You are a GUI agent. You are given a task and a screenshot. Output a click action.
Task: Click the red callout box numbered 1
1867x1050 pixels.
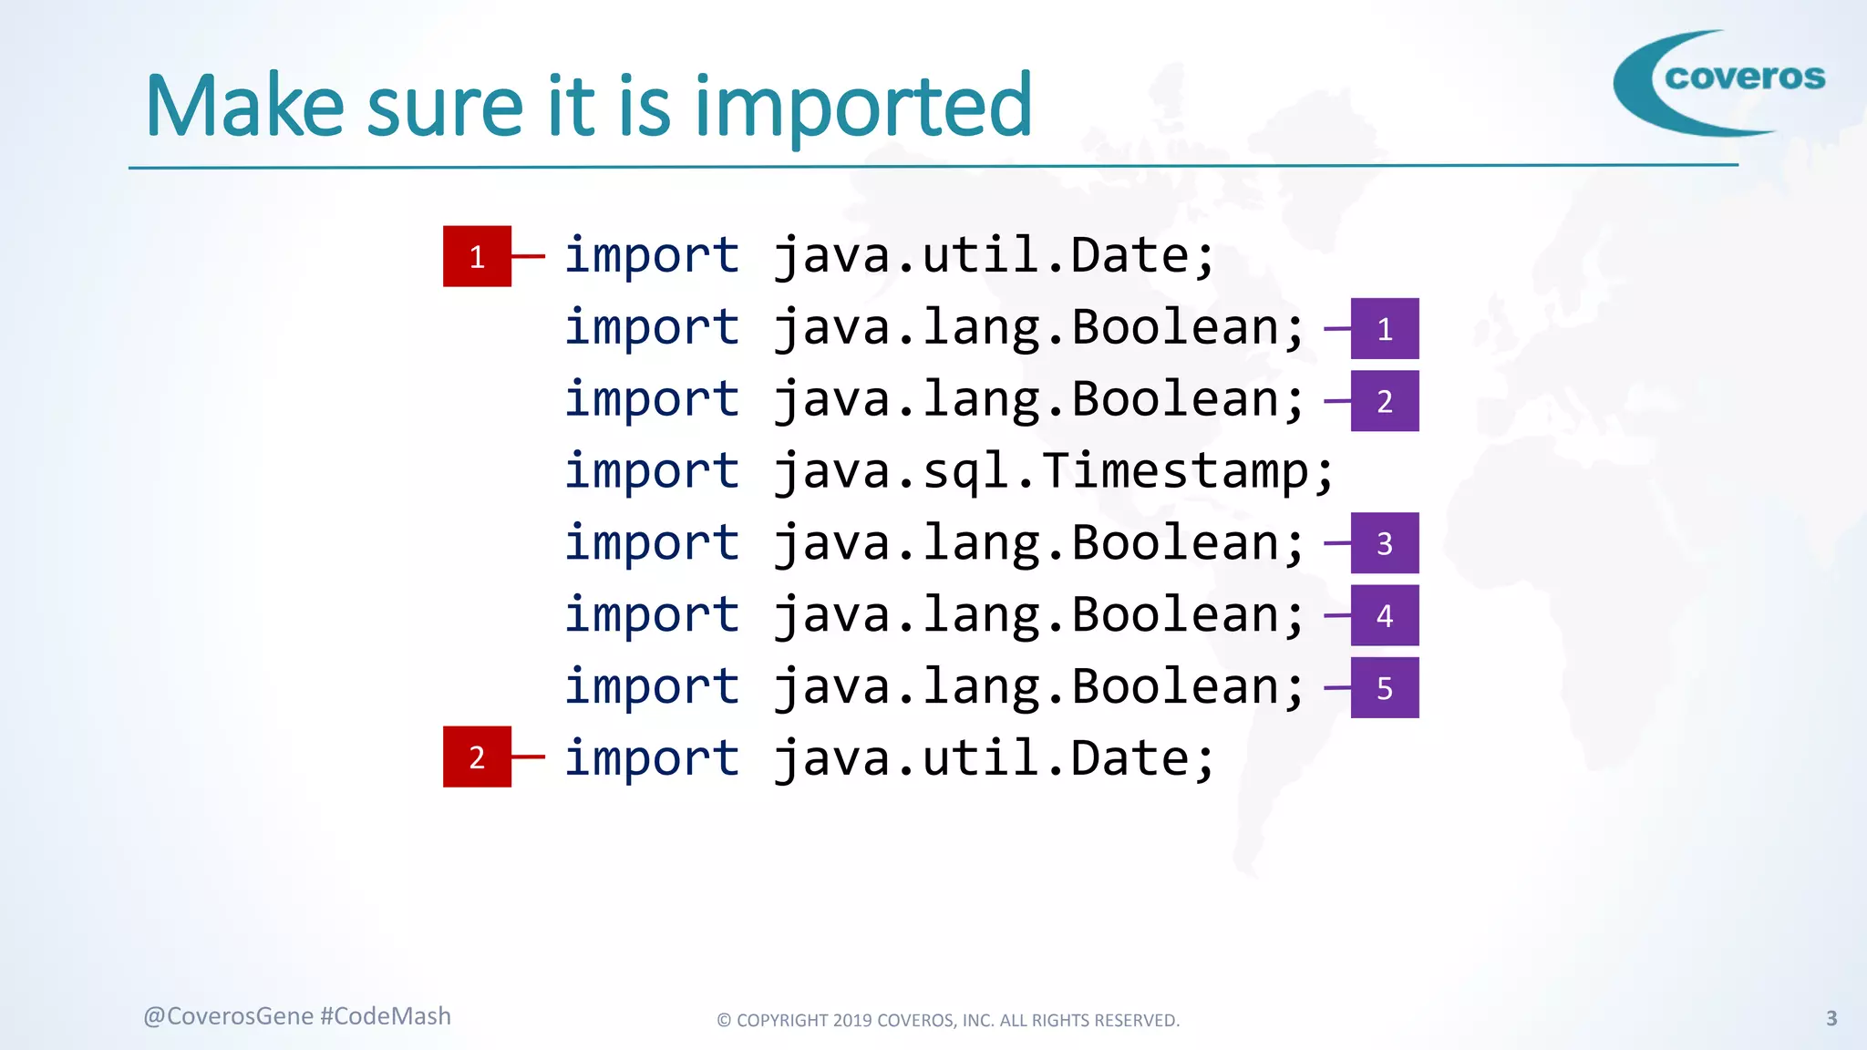pyautogui.click(x=477, y=256)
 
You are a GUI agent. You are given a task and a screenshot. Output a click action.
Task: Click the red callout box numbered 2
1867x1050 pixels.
pyautogui.click(x=477, y=757)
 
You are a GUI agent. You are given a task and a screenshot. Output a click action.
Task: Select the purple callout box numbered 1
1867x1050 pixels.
pyautogui.click(x=1384, y=328)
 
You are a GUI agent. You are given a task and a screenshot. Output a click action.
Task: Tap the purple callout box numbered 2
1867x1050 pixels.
pyautogui.click(x=1384, y=401)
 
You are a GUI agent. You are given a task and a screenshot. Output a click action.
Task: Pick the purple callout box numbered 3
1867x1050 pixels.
pyautogui.click(x=1384, y=543)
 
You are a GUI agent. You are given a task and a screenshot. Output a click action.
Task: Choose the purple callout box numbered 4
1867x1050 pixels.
pyautogui.click(x=1384, y=615)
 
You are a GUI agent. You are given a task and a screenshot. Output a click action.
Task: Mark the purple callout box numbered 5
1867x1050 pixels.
pyautogui.click(x=1384, y=687)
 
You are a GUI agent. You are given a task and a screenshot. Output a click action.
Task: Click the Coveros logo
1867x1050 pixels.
pyautogui.click(x=1718, y=82)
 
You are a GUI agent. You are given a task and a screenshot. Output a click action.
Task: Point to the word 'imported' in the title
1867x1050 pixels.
pyautogui.click(x=862, y=107)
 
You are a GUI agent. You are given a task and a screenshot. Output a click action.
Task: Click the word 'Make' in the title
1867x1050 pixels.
pyautogui.click(x=244, y=107)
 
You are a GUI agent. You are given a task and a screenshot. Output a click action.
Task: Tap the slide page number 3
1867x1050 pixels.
pyautogui.click(x=1831, y=1018)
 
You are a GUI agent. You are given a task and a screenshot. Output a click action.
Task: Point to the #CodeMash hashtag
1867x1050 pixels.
pyautogui.click(x=386, y=1016)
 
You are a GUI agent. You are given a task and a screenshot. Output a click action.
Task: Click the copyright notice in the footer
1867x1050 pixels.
pyautogui.click(x=948, y=1020)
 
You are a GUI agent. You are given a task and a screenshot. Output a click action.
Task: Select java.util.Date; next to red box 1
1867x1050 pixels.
pyautogui.click(x=994, y=255)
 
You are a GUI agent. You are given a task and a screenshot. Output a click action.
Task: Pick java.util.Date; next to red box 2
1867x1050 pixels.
pyautogui.click(x=994, y=758)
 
